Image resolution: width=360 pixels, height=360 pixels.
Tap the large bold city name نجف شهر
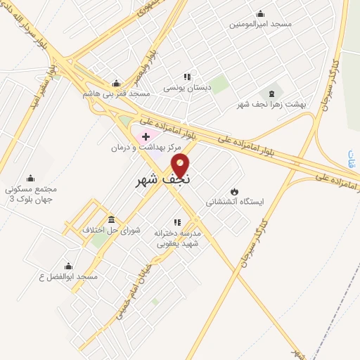[x=163, y=180]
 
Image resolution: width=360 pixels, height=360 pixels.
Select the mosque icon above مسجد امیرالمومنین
[x=261, y=13]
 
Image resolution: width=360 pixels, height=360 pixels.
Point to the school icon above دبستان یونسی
[x=187, y=77]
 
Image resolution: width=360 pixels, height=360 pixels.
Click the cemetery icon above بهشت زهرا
[x=271, y=94]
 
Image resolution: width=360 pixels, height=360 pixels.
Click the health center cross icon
[x=146, y=136]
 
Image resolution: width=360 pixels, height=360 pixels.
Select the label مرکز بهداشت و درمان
[x=146, y=148]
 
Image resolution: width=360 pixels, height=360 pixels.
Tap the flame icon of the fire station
[x=234, y=191]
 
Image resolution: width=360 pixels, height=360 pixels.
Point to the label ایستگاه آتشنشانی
[x=235, y=202]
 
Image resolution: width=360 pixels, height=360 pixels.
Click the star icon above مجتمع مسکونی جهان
[x=30, y=179]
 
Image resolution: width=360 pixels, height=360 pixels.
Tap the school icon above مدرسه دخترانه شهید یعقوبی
[x=187, y=223]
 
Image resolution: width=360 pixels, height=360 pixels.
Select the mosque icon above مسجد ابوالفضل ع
[x=68, y=266]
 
